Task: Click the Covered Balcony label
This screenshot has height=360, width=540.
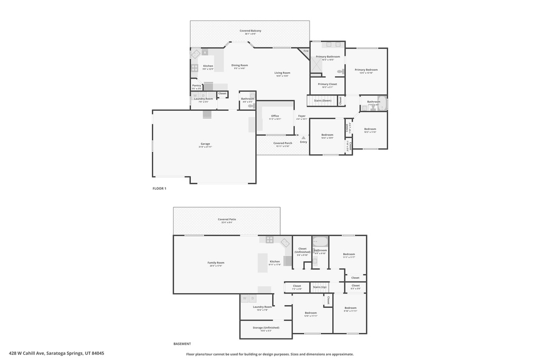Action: click(250, 31)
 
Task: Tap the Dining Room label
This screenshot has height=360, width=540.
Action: click(240, 65)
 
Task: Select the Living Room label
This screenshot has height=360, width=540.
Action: click(282, 73)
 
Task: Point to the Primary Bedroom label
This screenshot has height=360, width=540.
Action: click(366, 70)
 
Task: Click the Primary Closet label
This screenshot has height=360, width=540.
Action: click(327, 84)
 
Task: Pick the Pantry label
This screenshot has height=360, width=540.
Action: click(197, 85)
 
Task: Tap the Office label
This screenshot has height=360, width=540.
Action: click(275, 116)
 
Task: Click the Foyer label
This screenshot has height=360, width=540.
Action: click(302, 116)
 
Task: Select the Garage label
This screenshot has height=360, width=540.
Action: click(205, 144)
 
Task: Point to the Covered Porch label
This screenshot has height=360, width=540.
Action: click(283, 143)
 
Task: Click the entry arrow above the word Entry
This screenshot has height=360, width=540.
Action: click(303, 138)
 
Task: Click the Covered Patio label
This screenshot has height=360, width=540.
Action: click(227, 219)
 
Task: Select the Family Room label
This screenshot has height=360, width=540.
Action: click(216, 262)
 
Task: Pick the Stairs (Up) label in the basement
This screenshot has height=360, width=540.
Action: click(320, 287)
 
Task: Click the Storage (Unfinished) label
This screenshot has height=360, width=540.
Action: click(266, 327)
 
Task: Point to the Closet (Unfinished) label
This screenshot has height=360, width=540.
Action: click(303, 250)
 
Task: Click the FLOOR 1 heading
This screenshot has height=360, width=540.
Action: click(159, 188)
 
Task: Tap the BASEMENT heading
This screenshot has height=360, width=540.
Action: click(182, 344)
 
